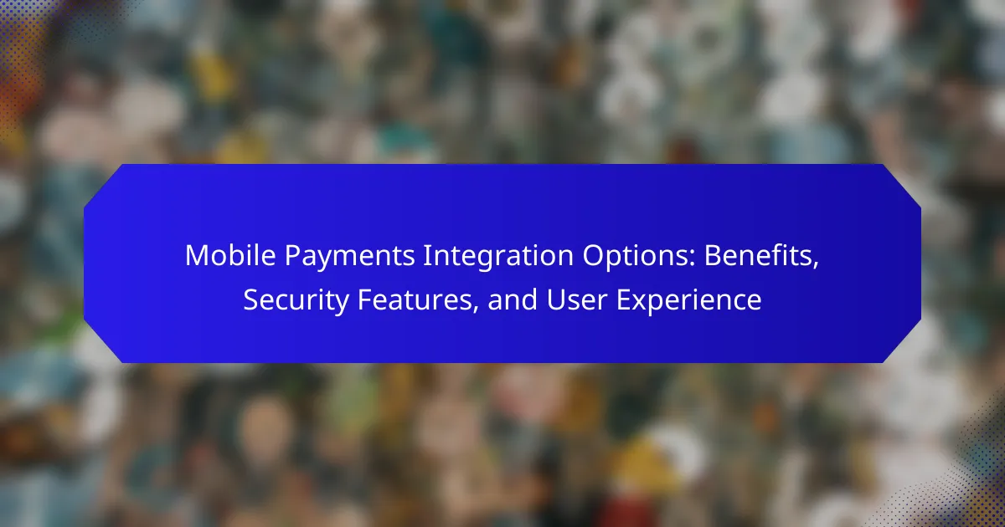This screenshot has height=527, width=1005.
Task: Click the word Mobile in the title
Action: pyautogui.click(x=230, y=255)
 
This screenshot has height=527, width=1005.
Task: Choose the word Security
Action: pyautogui.click(x=296, y=301)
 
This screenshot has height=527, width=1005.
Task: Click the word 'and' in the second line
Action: pyautogui.click(x=513, y=299)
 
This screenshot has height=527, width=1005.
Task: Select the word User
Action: pyautogui.click(x=577, y=299)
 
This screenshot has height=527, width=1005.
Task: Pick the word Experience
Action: pyautogui.click(x=689, y=301)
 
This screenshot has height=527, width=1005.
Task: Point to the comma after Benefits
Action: pyautogui.click(x=815, y=266)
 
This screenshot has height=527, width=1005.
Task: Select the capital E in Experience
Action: pyautogui.click(x=624, y=299)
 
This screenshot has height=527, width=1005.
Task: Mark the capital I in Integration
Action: pyautogui.click(x=425, y=255)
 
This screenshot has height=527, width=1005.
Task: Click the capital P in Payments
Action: pyautogui.click(x=292, y=255)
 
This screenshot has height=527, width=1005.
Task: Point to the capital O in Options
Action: pyautogui.click(x=593, y=255)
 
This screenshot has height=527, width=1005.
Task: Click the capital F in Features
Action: pyautogui.click(x=365, y=299)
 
